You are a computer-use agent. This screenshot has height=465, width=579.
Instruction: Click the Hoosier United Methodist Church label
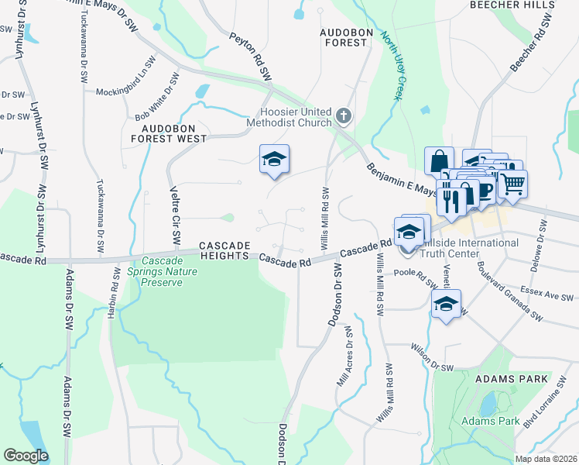click(288, 117)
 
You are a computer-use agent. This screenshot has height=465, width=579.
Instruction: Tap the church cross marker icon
click(344, 117)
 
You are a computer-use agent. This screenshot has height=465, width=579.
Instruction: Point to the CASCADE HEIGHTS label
click(225, 250)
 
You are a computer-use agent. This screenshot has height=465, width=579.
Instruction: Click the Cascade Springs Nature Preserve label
click(162, 272)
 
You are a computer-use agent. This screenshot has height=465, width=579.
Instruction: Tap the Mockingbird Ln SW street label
click(122, 91)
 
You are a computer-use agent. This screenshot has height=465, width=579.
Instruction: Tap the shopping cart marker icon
click(512, 184)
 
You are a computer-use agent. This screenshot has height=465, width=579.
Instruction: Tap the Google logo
click(26, 456)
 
